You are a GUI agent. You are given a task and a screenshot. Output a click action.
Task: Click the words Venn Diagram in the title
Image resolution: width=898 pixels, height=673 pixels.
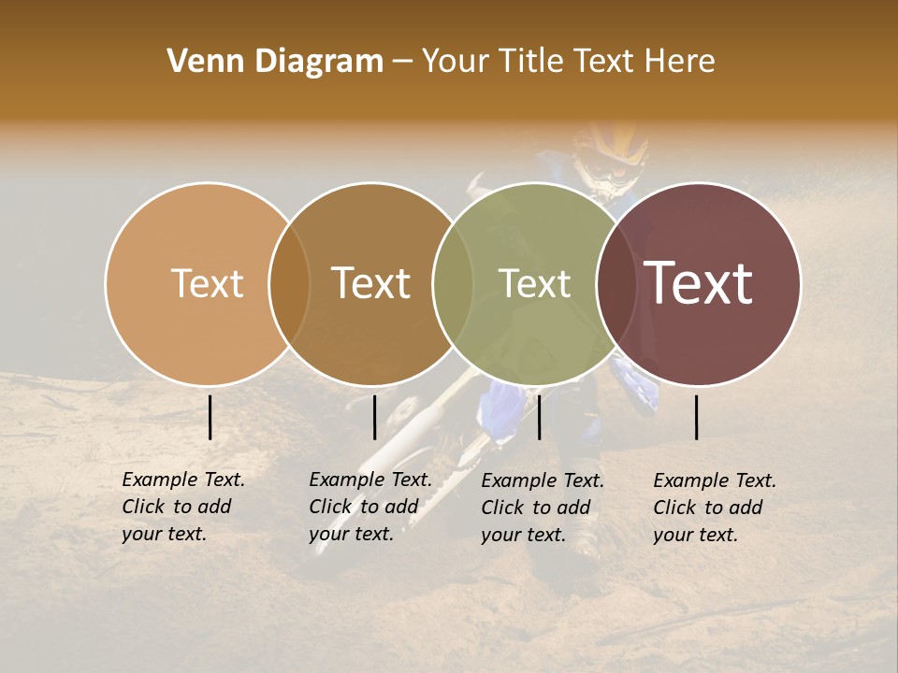(x=275, y=62)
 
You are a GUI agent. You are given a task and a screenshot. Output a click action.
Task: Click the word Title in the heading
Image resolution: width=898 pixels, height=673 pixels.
(x=533, y=62)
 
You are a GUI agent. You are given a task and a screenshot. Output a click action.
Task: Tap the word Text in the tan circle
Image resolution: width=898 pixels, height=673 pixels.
(x=207, y=283)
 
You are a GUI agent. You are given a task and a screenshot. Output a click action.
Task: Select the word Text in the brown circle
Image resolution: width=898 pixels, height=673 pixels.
(x=371, y=283)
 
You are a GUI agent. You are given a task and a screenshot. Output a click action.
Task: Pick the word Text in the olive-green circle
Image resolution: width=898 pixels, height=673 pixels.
(x=535, y=283)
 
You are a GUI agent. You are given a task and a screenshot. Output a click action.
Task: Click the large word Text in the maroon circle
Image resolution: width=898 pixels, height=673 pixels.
(x=699, y=282)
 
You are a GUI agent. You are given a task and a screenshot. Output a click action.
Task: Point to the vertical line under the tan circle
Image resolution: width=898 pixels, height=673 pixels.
(x=210, y=417)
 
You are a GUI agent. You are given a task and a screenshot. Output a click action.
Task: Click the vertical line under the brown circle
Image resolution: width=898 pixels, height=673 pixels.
(x=374, y=417)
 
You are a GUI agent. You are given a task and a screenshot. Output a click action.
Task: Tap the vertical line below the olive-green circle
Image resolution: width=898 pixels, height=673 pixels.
(x=539, y=417)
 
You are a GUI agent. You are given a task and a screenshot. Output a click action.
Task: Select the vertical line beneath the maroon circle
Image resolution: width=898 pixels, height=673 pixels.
(x=697, y=417)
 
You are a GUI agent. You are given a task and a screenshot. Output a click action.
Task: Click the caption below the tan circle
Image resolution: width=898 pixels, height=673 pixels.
(x=183, y=507)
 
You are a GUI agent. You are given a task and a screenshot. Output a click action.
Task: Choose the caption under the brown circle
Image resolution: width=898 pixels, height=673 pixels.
(x=370, y=507)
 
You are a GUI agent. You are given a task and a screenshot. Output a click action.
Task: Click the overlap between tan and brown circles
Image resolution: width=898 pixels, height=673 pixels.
(x=289, y=283)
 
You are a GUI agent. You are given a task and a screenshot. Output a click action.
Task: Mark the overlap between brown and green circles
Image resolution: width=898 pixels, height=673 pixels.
(x=453, y=283)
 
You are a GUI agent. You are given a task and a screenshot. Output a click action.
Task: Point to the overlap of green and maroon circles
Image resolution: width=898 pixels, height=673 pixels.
(x=616, y=283)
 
